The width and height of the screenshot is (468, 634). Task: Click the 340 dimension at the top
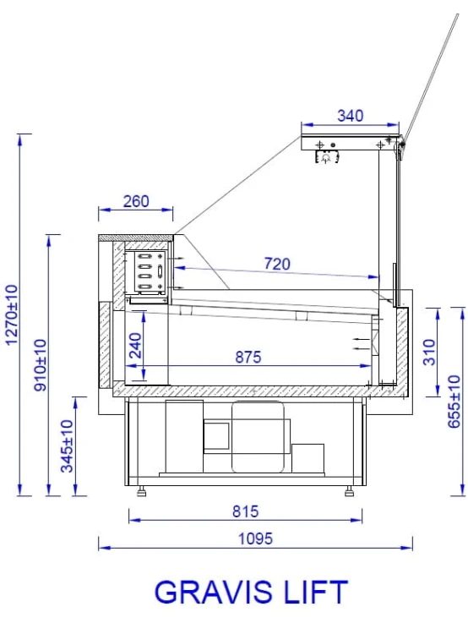351,116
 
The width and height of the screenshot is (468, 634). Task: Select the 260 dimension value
136,201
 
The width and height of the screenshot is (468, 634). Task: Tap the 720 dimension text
275,264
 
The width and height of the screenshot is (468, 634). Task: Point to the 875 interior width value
248,357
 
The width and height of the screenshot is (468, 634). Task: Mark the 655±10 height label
454,402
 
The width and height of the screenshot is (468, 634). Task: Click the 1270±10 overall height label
11,314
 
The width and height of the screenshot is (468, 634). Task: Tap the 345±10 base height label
68,445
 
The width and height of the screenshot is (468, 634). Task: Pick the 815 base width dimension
244,511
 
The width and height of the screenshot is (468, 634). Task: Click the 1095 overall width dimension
254,538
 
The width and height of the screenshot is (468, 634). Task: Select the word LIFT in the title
316,593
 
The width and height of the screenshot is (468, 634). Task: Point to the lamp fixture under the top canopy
326,155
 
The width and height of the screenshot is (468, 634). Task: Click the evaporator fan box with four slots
146,271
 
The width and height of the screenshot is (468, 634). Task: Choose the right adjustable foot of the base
348,489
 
